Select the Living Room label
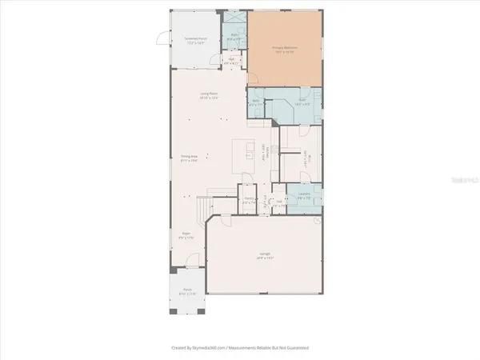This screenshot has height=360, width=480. coord(210,94)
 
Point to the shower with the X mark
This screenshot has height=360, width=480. coord(235,19)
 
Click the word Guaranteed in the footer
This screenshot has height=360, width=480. coord(294,348)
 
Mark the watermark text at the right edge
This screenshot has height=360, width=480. coord(463,181)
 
